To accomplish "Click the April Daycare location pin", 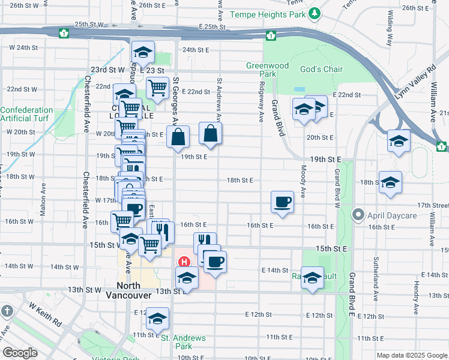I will tap(358, 214).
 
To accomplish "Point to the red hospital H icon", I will tap(184, 262).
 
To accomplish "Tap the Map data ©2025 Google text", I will tap(412, 355).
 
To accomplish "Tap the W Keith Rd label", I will tap(44, 314).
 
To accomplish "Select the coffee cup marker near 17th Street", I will tap(282, 202).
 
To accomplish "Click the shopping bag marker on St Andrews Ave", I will tap(210, 134).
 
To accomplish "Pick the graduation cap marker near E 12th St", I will tap(158, 318).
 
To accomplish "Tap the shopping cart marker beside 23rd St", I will tap(157, 88).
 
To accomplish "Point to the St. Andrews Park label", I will tap(184, 342).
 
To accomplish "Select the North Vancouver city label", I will tap(131, 290).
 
